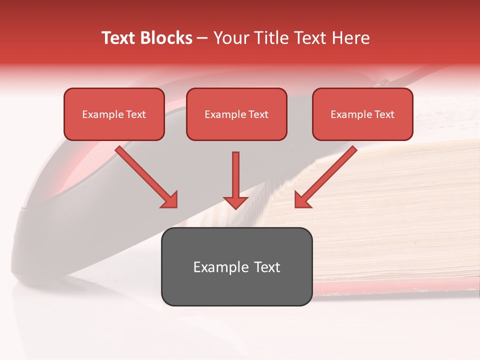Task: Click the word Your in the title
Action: pyautogui.click(x=230, y=38)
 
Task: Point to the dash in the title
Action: pyautogui.click(x=202, y=38)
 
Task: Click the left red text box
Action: pyautogui.click(x=114, y=114)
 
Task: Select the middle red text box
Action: pyautogui.click(x=236, y=114)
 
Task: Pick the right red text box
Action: pyautogui.click(x=362, y=114)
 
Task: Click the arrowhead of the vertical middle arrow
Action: pyautogui.click(x=235, y=202)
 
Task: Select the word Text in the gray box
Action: pyautogui.click(x=267, y=267)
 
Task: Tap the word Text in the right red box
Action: pyautogui.click(x=384, y=114)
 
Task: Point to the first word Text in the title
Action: pyautogui.click(x=120, y=38)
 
